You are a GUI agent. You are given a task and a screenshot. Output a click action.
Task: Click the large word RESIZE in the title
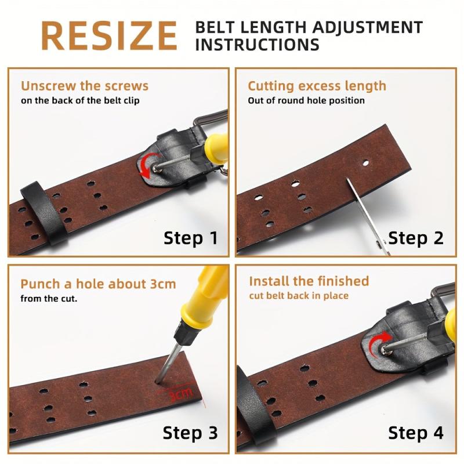(x=109, y=36)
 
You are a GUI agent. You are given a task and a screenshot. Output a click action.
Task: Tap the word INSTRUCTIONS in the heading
(x=257, y=45)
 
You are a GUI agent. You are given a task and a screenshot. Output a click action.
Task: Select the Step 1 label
(x=191, y=238)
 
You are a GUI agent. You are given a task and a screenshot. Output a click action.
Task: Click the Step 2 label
(x=416, y=238)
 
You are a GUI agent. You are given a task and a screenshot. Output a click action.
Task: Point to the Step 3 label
(x=190, y=433)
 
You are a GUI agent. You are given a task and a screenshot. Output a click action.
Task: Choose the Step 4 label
(x=416, y=433)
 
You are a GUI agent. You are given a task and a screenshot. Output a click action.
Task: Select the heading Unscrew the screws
(x=85, y=86)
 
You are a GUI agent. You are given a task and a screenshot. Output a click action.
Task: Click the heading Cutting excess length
(x=317, y=86)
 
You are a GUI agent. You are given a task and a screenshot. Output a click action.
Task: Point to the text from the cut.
(x=49, y=299)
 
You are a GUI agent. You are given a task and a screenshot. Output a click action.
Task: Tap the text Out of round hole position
(x=306, y=100)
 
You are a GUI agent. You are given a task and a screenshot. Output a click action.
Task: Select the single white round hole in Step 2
(x=366, y=163)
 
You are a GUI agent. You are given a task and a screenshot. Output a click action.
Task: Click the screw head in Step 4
(x=384, y=350)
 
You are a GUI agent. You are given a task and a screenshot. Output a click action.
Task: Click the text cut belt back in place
(x=299, y=296)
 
